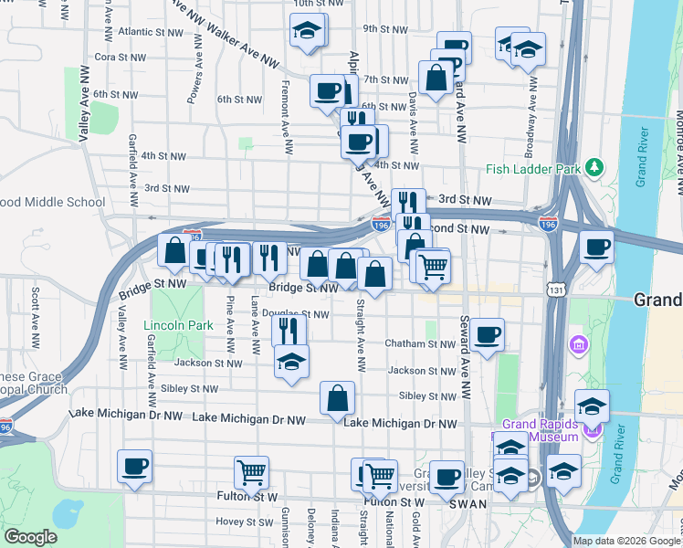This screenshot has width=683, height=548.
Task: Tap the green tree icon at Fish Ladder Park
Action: coord(594,166)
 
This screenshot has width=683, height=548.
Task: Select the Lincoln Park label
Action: coord(177,325)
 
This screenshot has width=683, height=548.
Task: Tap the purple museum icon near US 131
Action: coord(578,345)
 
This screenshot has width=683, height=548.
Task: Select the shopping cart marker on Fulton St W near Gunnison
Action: coord(251,472)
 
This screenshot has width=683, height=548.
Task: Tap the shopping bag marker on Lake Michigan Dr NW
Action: coord(337,398)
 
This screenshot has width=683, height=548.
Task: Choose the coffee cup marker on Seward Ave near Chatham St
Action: coord(488,334)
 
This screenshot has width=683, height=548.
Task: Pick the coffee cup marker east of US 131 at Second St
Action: coord(596,247)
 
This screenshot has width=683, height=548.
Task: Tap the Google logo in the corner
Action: coord(31,538)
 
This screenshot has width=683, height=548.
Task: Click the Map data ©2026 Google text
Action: coord(625,541)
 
